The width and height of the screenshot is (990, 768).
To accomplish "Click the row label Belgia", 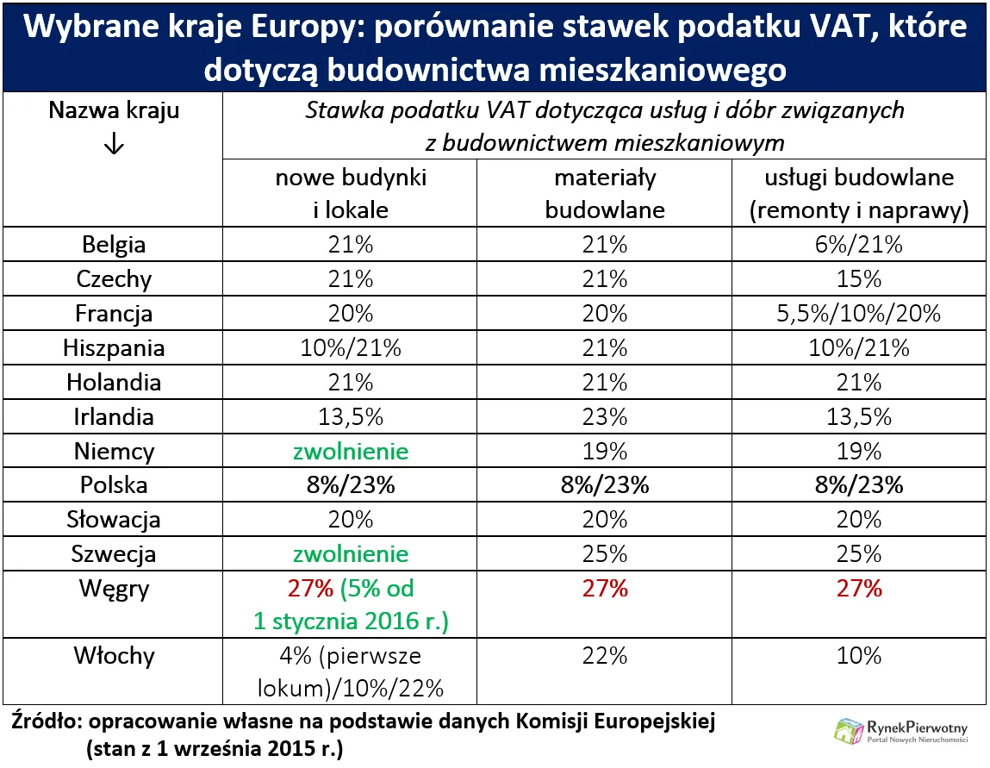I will pos(113,245).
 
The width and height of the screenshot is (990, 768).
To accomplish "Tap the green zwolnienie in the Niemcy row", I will pos(350,451).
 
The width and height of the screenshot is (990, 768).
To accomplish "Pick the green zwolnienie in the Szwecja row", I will pos(350,553).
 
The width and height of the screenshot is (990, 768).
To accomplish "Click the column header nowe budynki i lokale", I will pos(350,194).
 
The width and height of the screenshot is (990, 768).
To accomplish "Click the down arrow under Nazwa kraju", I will pos(113,145).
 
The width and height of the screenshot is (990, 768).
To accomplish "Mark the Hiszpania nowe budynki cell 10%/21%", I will pos(350,348).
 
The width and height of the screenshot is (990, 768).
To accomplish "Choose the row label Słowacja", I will pos(113,520).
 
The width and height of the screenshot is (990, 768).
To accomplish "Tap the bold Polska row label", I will pos(113,485).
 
